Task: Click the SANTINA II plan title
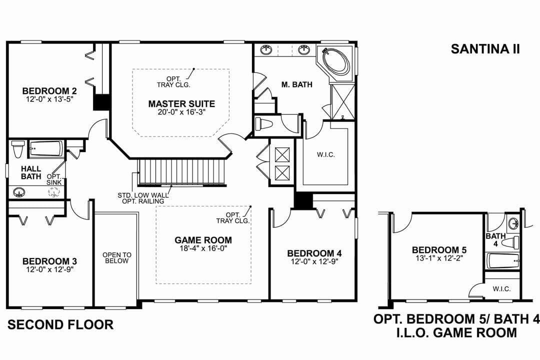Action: (485, 48)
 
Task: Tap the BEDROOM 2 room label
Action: (49, 91)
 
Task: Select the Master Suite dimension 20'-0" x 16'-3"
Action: (181, 112)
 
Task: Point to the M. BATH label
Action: (296, 84)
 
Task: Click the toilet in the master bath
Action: (263, 123)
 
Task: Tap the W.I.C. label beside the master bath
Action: (325, 154)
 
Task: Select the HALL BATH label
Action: (30, 172)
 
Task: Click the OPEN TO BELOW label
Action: (116, 257)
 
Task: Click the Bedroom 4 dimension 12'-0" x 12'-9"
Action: (314, 261)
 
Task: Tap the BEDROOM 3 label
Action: (49, 261)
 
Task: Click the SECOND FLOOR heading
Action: (60, 324)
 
